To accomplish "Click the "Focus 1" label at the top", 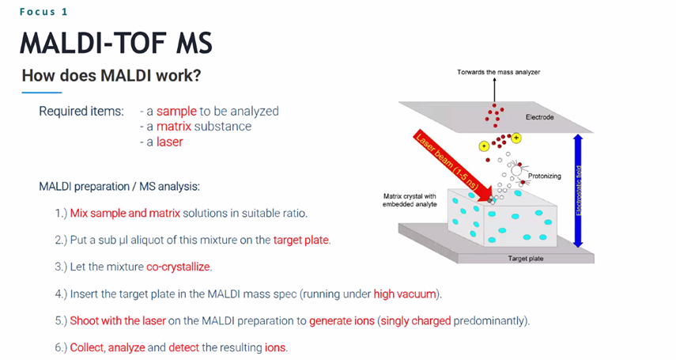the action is point(43,12).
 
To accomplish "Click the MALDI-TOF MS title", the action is point(116,44).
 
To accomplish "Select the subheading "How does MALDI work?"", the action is point(111,75).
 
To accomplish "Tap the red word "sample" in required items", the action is point(176,112).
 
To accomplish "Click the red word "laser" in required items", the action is point(169,142).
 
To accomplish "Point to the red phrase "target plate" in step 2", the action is point(301,240).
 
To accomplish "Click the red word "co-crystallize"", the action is point(178,267).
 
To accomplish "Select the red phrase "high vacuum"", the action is point(405,294).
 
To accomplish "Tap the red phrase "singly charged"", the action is point(416,321).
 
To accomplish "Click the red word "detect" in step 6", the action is point(183,347).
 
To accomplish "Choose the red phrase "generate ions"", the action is point(342,321).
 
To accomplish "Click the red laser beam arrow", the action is point(453,165).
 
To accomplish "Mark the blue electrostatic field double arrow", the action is point(579,191).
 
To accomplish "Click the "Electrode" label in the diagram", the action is point(539,117).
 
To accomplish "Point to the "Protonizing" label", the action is point(545,176).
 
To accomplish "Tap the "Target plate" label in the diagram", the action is point(526,259).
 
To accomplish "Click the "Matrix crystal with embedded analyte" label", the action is point(410,200).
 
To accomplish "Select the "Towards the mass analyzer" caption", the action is point(498,72).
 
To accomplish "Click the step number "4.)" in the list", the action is point(61,294).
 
